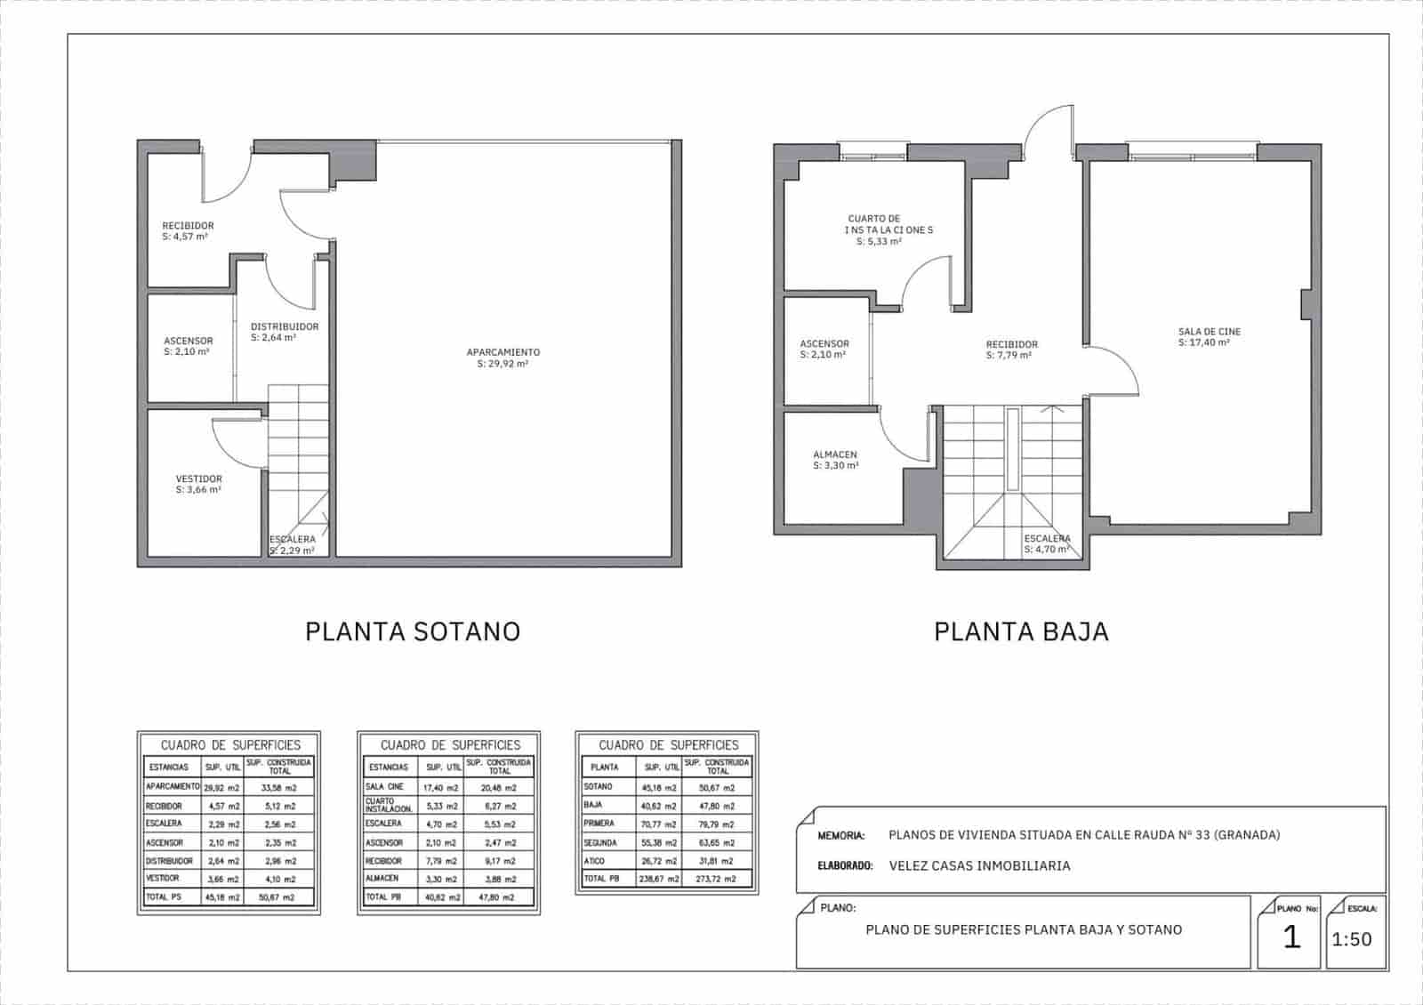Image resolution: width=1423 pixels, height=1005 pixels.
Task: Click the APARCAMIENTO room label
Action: click(502, 352)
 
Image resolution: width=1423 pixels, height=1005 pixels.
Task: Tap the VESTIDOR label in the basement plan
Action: click(198, 479)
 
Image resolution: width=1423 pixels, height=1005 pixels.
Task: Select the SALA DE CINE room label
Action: click(1209, 332)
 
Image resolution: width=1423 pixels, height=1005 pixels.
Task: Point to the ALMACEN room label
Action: click(834, 455)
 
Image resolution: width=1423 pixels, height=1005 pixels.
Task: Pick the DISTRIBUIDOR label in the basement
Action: click(284, 326)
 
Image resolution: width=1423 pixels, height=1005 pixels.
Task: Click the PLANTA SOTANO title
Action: click(413, 631)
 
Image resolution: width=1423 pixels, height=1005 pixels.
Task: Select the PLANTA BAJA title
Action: click(1021, 631)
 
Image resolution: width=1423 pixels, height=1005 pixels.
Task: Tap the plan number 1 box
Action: click(1291, 937)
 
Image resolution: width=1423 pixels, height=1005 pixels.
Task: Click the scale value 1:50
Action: click(1351, 939)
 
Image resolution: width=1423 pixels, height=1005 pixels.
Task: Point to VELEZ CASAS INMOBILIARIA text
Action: click(979, 865)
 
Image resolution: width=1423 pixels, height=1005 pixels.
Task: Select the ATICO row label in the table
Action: click(595, 861)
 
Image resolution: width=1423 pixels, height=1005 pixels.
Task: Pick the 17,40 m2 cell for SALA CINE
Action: click(442, 788)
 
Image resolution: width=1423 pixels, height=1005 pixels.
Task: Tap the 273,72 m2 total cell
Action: click(717, 879)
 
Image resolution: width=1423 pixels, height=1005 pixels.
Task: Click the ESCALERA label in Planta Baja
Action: click(1047, 539)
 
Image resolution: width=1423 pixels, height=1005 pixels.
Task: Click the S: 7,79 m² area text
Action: click(1009, 356)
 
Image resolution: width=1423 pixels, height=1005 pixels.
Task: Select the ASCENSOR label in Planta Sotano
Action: click(188, 341)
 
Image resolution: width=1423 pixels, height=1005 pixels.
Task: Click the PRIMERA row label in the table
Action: click(599, 824)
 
